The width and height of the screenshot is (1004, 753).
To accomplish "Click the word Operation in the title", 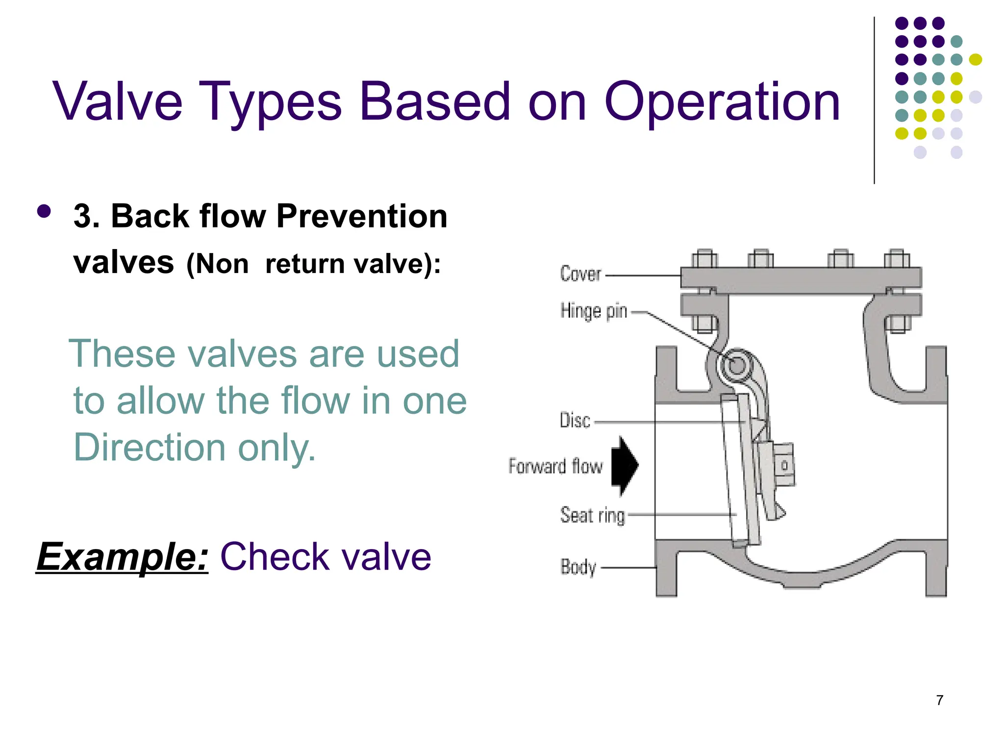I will tap(722, 102).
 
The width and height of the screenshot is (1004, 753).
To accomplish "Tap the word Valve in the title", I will tap(118, 102).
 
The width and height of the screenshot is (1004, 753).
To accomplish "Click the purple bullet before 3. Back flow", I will tap(44, 211).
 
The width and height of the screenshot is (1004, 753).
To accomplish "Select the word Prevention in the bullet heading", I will tap(362, 216).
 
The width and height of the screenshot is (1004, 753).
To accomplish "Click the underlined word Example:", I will tap(123, 557).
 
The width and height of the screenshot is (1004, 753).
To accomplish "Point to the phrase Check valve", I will tap(326, 557).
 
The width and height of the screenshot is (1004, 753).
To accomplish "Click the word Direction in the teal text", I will tap(150, 447).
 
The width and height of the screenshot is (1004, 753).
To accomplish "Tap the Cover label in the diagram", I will tap(580, 274).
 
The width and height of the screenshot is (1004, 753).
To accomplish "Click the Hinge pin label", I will tap(594, 311).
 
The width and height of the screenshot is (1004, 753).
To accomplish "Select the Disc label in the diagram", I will tap(575, 421).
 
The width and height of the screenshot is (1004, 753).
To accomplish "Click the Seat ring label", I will tap(593, 515).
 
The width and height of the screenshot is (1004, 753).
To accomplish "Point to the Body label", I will tap(578, 567).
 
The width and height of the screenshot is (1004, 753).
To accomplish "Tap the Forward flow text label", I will tap(555, 466).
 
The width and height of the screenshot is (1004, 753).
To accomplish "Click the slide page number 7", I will tap(939, 700).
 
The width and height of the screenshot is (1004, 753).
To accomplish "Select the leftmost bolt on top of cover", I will tap(704, 258).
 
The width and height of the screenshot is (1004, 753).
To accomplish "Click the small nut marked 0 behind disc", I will tap(784, 465).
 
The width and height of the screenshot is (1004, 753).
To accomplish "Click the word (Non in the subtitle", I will tap(218, 264).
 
